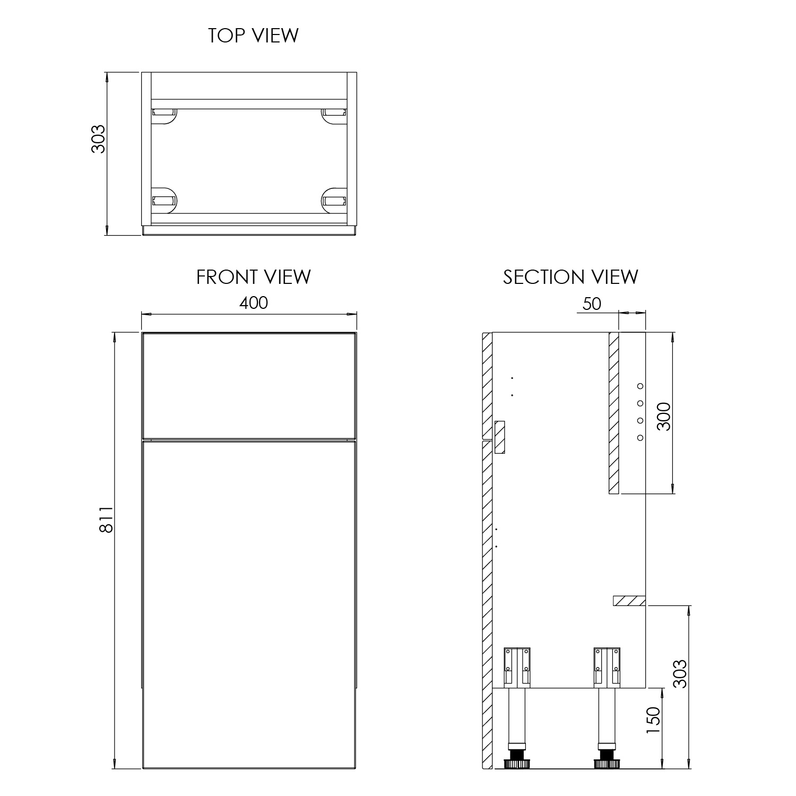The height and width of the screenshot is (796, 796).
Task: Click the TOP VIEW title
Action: point(253,36)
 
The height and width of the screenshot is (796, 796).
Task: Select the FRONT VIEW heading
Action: point(253,277)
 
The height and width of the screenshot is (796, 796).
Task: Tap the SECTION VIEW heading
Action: point(570,277)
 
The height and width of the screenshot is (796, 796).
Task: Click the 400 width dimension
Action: point(254,303)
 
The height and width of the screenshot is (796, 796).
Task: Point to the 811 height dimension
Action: point(106,520)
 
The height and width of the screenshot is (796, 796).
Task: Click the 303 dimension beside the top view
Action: point(99,139)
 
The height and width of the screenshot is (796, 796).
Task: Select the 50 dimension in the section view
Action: point(591,304)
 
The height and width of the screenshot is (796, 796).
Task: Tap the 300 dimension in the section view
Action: point(664,417)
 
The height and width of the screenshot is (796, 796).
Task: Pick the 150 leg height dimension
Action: point(653,720)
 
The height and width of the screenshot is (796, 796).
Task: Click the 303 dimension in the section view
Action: point(679,674)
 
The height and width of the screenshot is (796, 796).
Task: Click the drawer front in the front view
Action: point(249,385)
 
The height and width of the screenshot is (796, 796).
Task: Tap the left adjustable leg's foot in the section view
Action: point(517,763)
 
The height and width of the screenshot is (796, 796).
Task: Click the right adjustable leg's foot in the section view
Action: point(607,763)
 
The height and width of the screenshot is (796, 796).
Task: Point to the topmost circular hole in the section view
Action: point(640,386)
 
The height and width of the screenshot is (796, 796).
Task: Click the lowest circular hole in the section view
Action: point(640,437)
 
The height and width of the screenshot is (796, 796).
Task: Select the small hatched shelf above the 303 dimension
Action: point(629,601)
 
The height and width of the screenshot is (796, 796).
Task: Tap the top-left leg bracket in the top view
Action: point(164,113)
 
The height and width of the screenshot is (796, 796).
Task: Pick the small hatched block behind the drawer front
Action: point(499,437)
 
